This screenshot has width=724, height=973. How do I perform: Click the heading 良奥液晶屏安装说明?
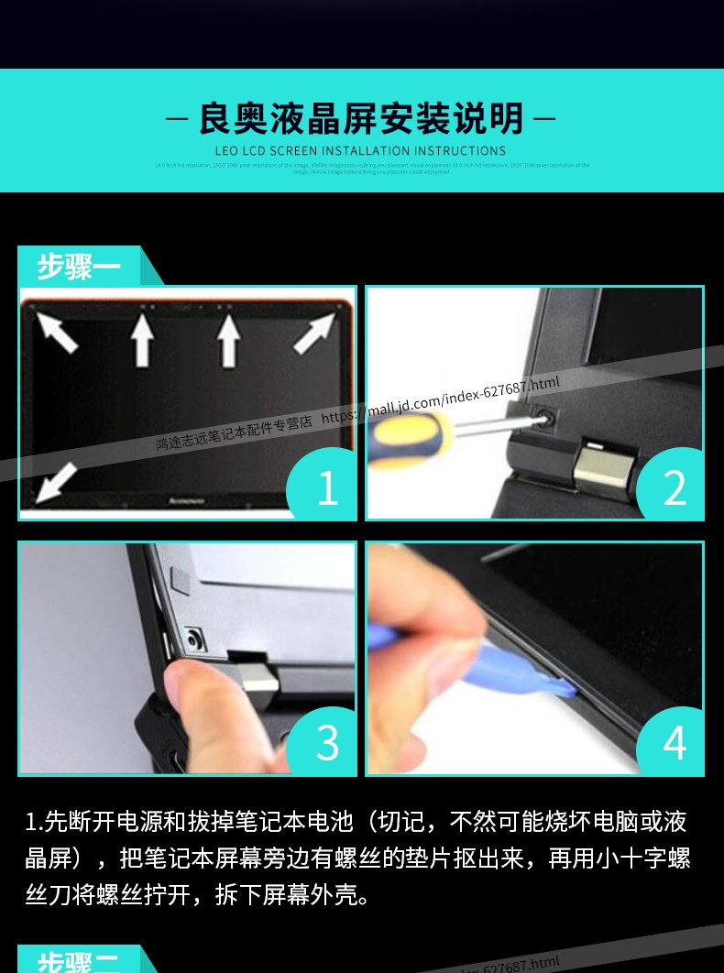point(361,119)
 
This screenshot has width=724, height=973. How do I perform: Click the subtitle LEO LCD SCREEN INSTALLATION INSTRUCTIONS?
point(360,151)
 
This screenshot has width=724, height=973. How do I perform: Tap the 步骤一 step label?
point(79,267)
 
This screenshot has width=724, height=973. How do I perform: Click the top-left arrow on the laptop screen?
point(57,331)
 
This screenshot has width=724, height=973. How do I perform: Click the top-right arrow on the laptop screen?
point(315,333)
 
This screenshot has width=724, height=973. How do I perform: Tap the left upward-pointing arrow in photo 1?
point(142,338)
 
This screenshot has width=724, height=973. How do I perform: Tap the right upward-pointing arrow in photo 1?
point(228,338)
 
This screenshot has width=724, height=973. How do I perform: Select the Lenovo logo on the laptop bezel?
point(188,501)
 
